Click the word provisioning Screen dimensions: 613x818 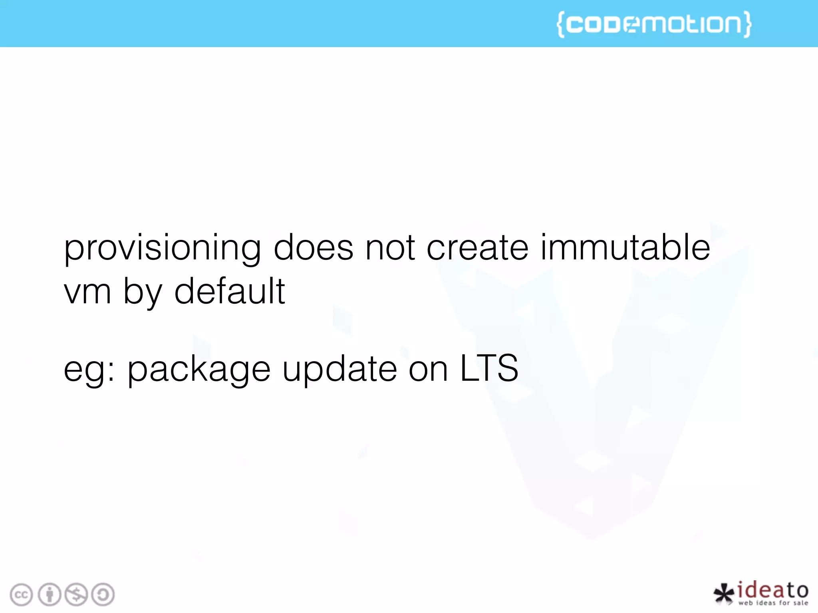click(162, 249)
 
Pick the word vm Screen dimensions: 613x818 click(87, 291)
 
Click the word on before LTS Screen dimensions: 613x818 click(428, 369)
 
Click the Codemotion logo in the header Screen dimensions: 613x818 click(654, 24)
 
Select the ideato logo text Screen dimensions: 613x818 click(773, 591)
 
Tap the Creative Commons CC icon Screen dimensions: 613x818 click(21, 595)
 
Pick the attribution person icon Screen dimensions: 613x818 click(50, 595)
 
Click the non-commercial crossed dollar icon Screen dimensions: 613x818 click(76, 595)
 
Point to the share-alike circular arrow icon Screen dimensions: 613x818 click(103, 595)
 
